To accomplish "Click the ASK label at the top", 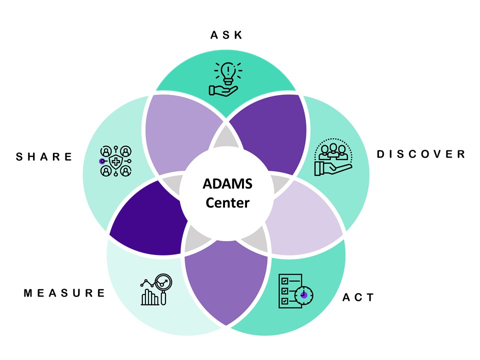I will pos(226,35).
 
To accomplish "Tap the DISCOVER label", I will pos(420,154).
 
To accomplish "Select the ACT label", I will pos(358,297).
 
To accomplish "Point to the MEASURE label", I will pos(65,293).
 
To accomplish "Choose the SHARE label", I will pos(44,157).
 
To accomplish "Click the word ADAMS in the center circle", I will pos(227,184).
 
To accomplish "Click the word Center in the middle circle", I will pos(227,203).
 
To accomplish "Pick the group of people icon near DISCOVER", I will pos(332,156).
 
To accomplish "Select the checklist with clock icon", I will pos(295,290).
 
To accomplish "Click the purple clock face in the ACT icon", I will pos(303,295).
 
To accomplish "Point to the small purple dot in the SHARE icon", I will pos(102,161).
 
